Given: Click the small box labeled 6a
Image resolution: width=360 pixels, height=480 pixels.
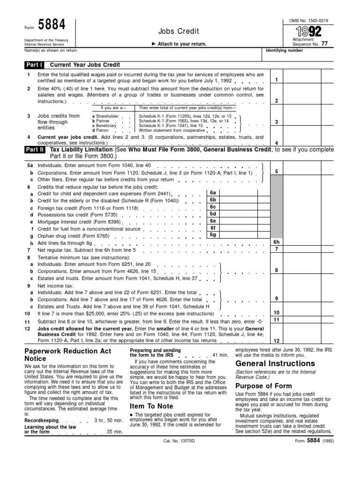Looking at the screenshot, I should point(213,193).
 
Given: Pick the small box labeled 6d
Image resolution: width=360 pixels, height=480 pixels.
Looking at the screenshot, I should point(213,214).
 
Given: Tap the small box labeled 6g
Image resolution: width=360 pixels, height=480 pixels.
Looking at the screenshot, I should point(213,235).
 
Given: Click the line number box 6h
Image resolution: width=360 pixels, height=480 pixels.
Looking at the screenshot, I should point(276,242).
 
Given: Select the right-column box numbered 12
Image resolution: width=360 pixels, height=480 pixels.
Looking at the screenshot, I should point(277,341).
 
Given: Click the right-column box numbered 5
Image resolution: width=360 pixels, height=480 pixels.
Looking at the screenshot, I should point(277,172).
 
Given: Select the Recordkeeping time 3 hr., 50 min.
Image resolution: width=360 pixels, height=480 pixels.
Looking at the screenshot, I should point(108,420).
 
